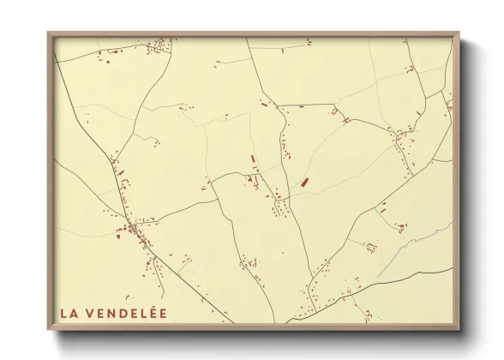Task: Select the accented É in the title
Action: (x=152, y=313)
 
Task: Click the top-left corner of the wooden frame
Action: (x=49, y=33)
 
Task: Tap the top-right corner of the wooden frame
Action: (x=459, y=33)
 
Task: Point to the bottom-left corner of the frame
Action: (x=49, y=330)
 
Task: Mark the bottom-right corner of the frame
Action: (x=459, y=330)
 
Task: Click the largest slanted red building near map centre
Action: (x=304, y=182)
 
